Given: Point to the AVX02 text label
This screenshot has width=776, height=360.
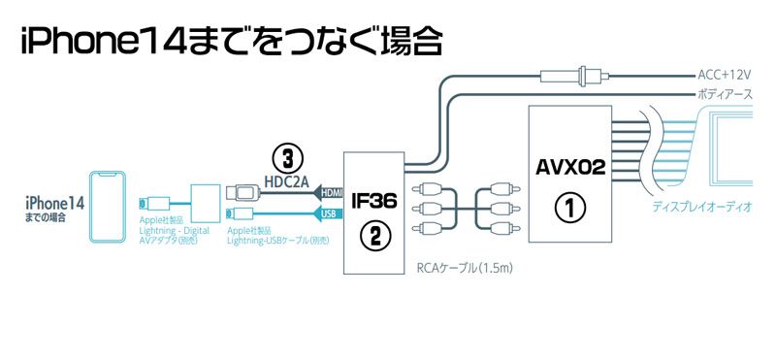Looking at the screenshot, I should pos(570,167).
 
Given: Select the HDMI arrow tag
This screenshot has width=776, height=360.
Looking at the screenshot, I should pos(331,193).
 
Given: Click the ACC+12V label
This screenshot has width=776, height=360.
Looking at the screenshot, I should pos(725,74).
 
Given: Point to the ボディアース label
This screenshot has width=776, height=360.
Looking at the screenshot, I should pos(725,94).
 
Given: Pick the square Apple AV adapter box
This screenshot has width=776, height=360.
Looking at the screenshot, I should pos(206,201).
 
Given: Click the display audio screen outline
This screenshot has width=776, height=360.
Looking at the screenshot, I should pos(742,150).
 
